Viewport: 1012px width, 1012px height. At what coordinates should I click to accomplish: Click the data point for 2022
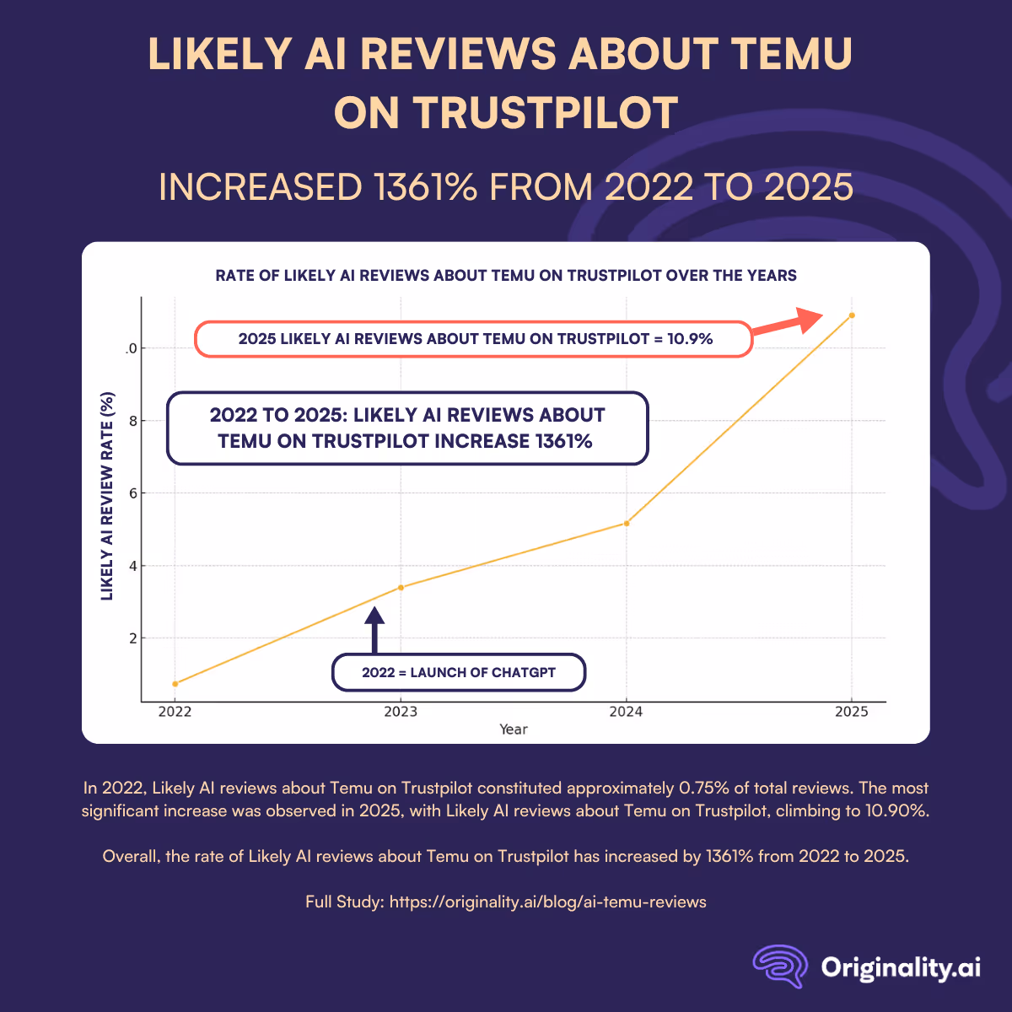coord(175,683)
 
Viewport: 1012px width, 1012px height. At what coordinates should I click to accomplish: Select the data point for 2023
coord(401,587)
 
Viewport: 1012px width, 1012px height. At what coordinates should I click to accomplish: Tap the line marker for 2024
coord(626,524)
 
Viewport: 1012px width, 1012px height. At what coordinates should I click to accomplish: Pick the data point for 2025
coord(852,315)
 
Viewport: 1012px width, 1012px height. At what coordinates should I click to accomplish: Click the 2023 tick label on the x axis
coord(401,712)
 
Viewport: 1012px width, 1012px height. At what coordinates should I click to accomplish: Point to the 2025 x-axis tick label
coord(852,712)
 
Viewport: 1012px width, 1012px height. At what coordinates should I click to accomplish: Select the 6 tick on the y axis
coord(132,493)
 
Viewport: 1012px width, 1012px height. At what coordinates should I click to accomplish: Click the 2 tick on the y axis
coord(132,638)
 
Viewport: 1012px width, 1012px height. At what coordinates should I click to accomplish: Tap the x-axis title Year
coord(513,729)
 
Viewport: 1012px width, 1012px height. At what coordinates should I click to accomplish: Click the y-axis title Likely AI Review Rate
coord(107,496)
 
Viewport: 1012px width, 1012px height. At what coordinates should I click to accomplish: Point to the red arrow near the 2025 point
coord(789,324)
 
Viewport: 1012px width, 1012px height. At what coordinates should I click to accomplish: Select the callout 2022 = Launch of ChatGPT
coord(459,673)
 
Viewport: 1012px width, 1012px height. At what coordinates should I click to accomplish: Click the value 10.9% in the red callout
coord(690,339)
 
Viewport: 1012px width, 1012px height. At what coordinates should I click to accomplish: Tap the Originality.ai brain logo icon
coord(781,966)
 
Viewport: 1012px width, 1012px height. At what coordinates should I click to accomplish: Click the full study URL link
coord(547,902)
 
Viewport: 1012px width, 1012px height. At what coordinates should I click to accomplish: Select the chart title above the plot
coord(506,276)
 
